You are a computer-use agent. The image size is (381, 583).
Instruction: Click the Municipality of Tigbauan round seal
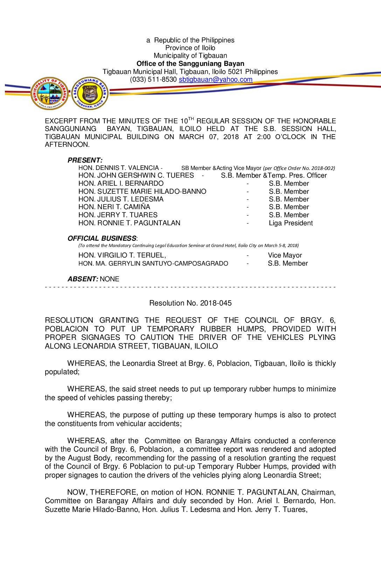49,93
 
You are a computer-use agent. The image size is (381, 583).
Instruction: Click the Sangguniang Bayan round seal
90,93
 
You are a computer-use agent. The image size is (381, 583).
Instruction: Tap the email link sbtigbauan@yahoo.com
215,80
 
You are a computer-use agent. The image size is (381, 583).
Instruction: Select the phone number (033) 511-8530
153,80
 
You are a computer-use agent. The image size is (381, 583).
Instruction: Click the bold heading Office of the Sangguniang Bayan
190,64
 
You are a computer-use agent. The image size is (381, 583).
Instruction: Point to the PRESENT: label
85,160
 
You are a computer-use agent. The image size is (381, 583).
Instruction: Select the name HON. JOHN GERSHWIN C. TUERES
136,176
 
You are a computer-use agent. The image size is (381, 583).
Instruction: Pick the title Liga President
291,223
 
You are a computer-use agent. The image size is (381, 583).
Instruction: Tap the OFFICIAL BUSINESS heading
102,238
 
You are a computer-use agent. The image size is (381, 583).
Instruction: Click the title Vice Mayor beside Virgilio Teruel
285,255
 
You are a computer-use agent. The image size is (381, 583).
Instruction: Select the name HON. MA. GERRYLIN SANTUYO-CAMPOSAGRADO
153,263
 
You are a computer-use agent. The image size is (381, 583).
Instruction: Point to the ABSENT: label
83,279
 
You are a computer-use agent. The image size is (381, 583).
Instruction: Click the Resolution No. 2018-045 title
190,303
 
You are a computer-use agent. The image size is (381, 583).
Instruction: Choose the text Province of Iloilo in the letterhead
190,48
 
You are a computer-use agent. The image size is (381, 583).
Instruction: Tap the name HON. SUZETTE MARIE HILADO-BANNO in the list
142,192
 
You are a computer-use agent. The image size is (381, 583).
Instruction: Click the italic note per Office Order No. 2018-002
299,168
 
